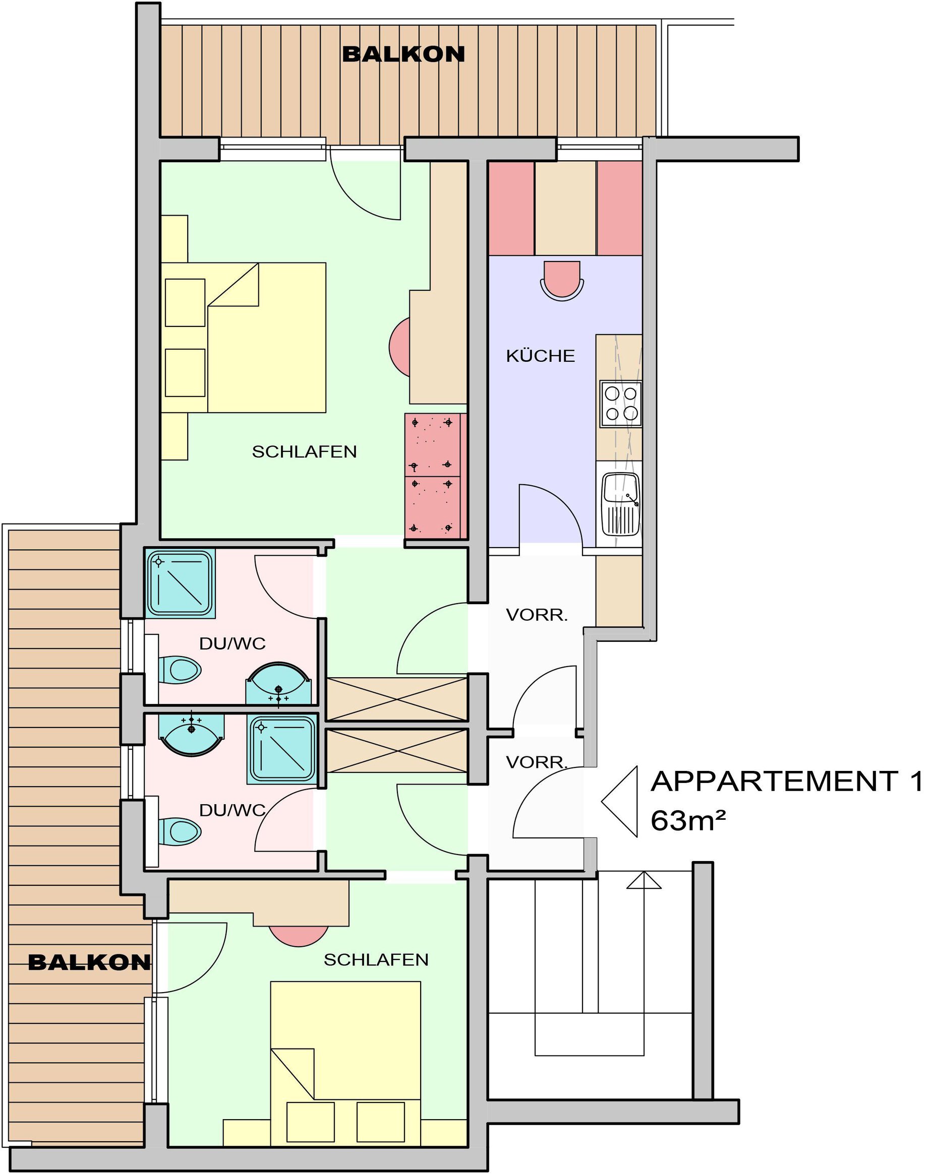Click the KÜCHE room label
[x=540, y=356]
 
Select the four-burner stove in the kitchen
[x=621, y=404]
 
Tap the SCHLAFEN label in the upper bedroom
[x=304, y=452]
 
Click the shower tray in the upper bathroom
[x=180, y=583]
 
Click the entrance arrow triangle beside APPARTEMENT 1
[x=620, y=802]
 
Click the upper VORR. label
[x=537, y=615]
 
